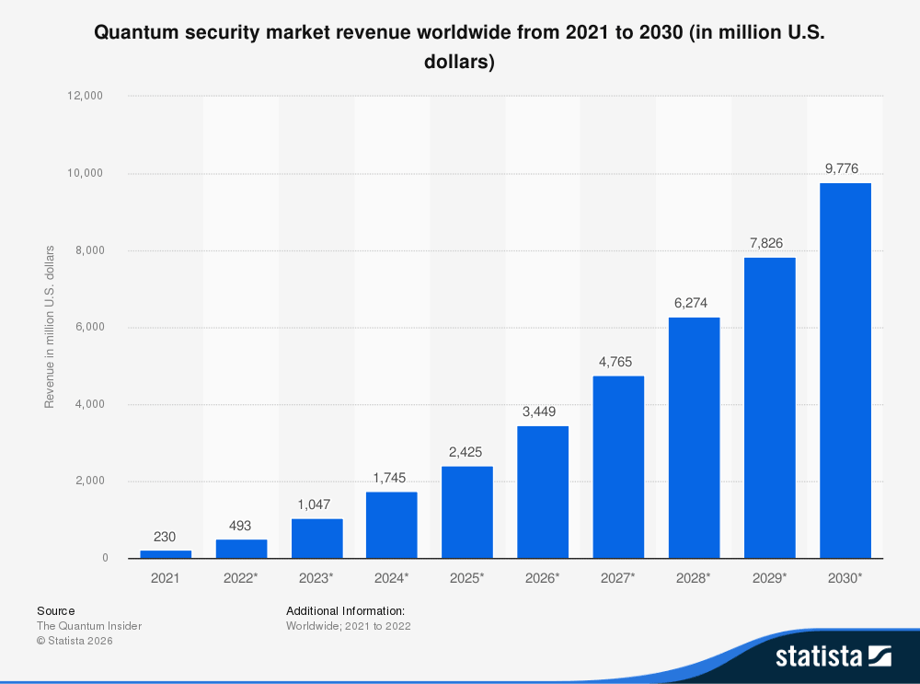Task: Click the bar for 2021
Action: (x=166, y=554)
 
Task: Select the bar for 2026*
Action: (x=543, y=492)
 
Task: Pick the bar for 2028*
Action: (x=694, y=437)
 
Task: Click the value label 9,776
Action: (x=842, y=168)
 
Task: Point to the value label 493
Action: (x=241, y=526)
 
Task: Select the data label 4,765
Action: (x=615, y=362)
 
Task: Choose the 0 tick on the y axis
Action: (x=105, y=558)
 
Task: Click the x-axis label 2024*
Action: (x=392, y=578)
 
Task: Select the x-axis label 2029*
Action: (x=769, y=578)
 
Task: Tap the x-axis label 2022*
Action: (x=241, y=578)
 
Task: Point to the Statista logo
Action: (x=833, y=655)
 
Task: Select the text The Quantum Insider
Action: (x=89, y=626)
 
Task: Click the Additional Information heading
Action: (x=345, y=610)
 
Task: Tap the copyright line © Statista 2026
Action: (x=75, y=641)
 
